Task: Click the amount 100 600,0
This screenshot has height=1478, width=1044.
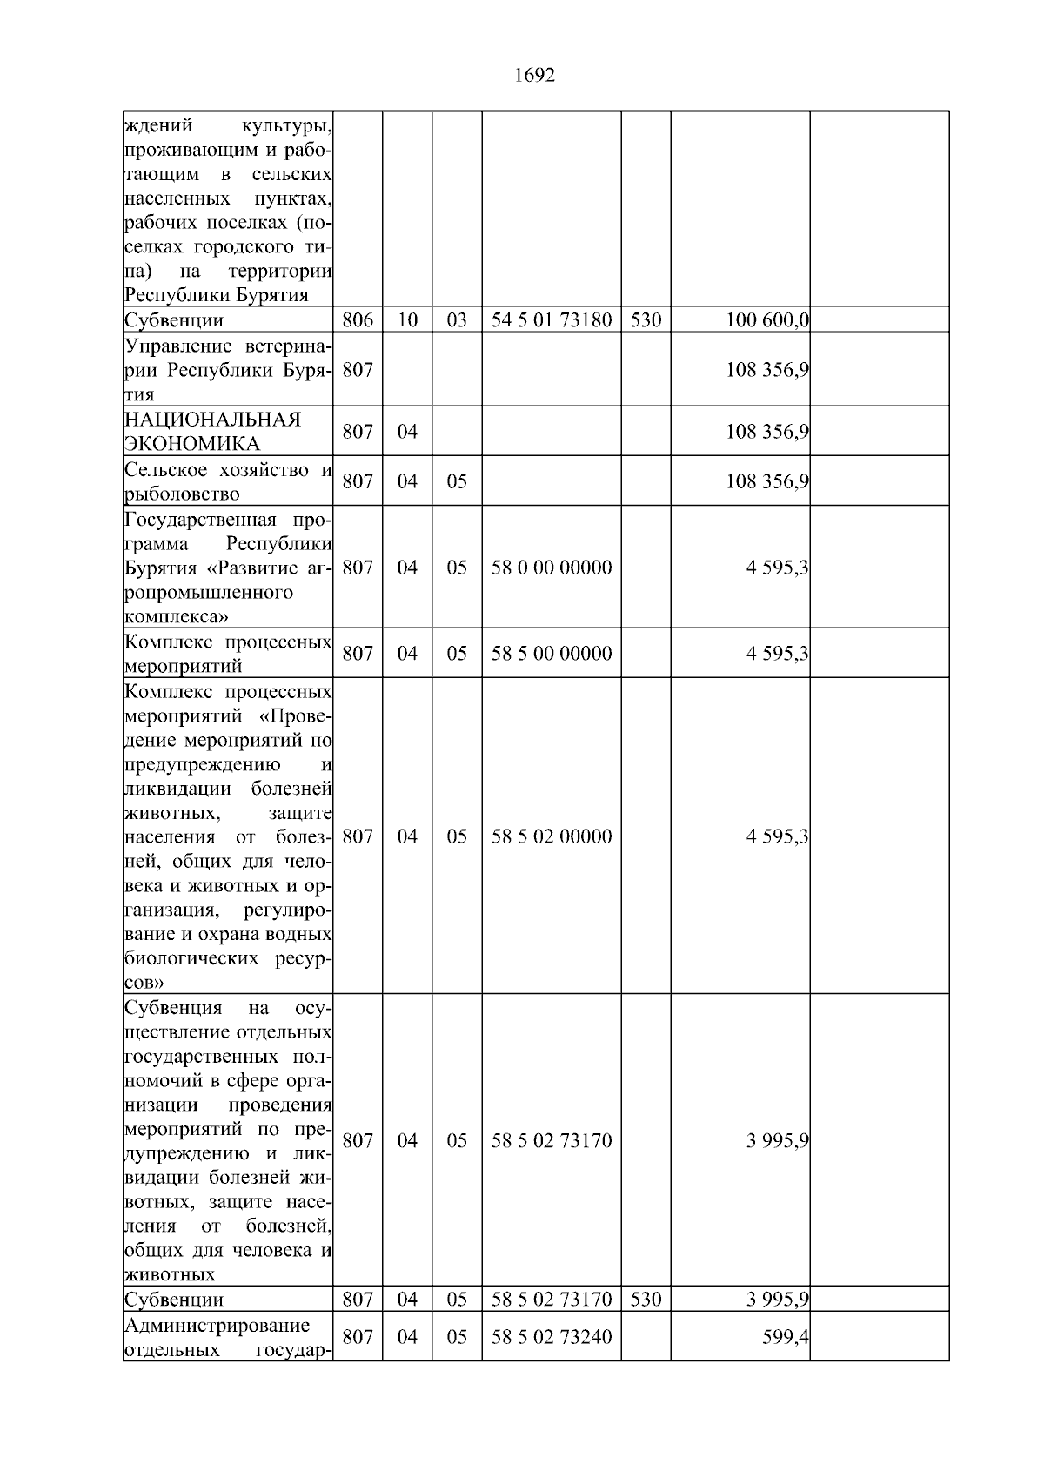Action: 767,320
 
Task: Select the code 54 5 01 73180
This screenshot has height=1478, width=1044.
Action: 552,320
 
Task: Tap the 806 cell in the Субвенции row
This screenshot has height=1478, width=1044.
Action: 358,320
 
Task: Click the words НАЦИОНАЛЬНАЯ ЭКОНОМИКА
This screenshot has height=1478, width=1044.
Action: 212,432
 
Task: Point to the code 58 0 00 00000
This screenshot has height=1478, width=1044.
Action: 552,568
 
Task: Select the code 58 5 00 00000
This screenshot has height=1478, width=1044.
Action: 552,654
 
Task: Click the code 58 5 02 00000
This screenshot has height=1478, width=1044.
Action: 552,836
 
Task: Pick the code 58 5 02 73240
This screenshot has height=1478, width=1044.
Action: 552,1337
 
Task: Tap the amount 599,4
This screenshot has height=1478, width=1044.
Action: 786,1337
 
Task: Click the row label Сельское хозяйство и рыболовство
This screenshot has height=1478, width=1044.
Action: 228,482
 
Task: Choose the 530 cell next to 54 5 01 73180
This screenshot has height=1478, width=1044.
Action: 646,320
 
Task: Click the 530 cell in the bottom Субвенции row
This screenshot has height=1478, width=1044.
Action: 646,1300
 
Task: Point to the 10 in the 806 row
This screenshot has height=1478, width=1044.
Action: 407,320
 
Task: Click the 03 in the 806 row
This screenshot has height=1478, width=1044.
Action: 457,320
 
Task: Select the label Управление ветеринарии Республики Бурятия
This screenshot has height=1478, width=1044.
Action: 228,370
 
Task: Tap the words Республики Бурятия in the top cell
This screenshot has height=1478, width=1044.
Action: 217,295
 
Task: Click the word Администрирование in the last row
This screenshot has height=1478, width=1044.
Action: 217,1326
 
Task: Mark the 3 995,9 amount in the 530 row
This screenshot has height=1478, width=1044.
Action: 777,1300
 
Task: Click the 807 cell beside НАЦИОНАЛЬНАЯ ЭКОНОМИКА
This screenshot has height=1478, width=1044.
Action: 358,432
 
